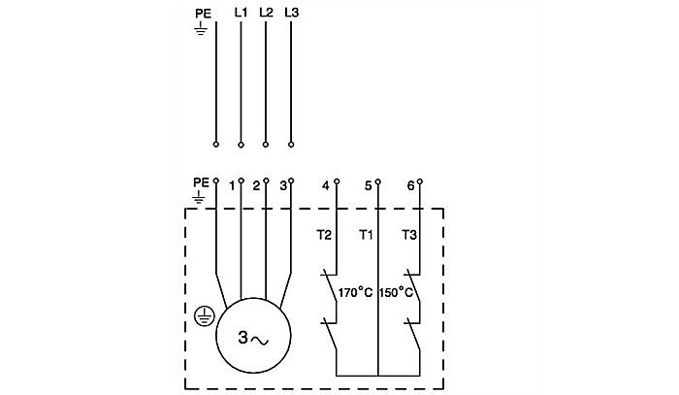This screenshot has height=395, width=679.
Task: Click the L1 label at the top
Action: (x=242, y=14)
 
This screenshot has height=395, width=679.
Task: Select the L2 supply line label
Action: (x=267, y=14)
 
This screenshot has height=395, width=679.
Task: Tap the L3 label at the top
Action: (x=292, y=14)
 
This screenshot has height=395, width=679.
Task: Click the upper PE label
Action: (x=202, y=14)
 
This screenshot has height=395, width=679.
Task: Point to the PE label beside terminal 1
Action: (x=201, y=181)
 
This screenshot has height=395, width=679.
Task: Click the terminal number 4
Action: (x=325, y=184)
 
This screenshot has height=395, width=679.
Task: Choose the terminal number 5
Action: (x=368, y=184)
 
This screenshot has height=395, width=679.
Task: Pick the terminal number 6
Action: (x=410, y=184)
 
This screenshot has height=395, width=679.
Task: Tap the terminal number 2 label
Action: (x=256, y=184)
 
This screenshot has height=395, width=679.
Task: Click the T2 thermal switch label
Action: (x=325, y=234)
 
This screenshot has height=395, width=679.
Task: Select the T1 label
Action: (x=366, y=234)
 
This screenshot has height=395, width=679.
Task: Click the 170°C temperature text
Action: (x=355, y=291)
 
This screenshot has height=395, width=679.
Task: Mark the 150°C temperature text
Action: (x=397, y=291)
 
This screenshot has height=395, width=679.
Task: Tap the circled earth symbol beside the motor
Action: (x=204, y=314)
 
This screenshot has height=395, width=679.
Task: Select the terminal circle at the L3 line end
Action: (x=292, y=145)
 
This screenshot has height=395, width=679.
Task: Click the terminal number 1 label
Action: (x=232, y=184)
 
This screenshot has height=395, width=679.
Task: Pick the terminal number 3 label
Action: (x=281, y=184)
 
